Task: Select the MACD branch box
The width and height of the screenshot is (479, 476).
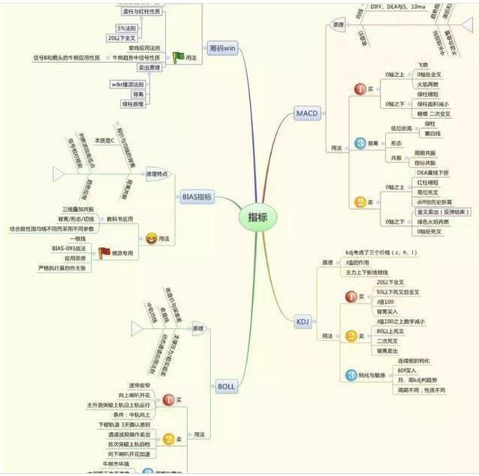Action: click(x=308, y=114)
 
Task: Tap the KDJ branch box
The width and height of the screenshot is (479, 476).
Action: click(x=302, y=321)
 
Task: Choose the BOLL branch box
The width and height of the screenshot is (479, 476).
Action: click(x=226, y=387)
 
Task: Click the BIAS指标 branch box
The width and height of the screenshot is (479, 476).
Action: click(x=198, y=198)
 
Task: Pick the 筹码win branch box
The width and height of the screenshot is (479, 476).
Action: click(x=222, y=47)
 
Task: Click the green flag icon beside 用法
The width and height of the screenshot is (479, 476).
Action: click(x=178, y=57)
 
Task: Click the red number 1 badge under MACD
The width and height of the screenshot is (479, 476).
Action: click(x=359, y=89)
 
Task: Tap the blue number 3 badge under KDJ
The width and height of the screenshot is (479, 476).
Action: click(x=350, y=375)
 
